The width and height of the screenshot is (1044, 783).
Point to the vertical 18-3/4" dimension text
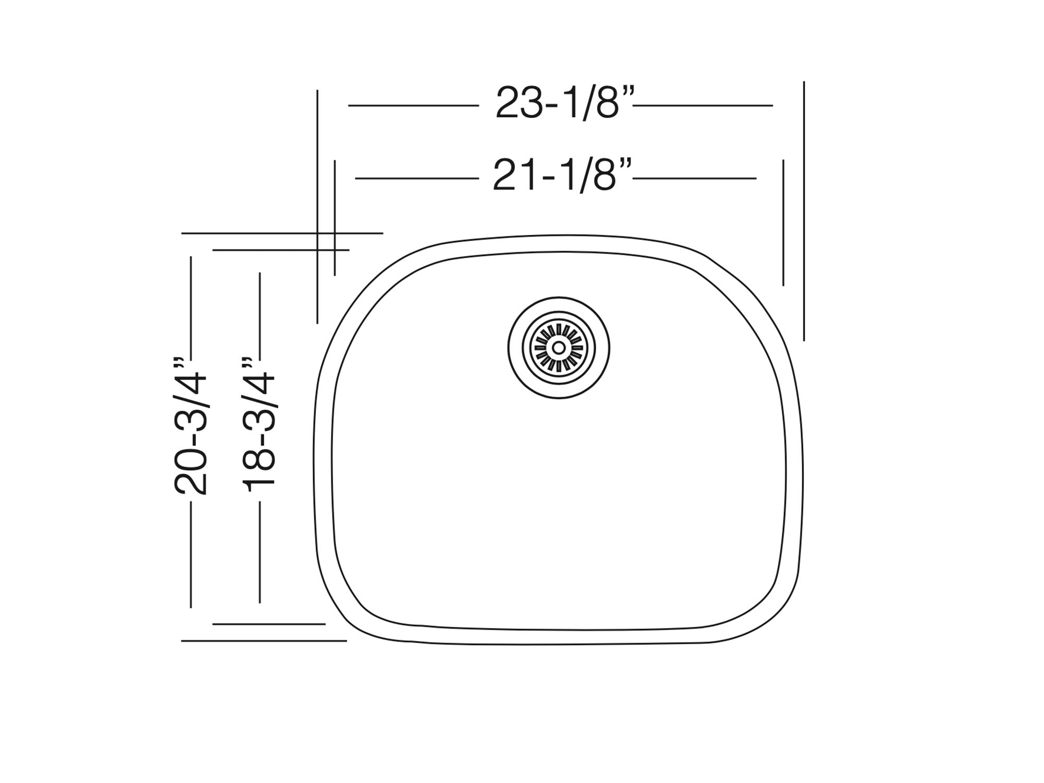[x=258, y=425]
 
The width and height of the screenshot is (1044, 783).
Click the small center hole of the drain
[x=558, y=348]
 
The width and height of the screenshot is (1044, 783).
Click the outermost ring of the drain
[x=559, y=300]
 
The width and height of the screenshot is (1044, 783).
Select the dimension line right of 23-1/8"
[x=703, y=105]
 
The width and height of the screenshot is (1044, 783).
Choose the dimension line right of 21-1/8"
[x=694, y=179]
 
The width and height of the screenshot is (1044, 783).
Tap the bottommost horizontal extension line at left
[x=264, y=640]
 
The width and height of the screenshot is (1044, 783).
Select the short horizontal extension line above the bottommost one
[x=269, y=624]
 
